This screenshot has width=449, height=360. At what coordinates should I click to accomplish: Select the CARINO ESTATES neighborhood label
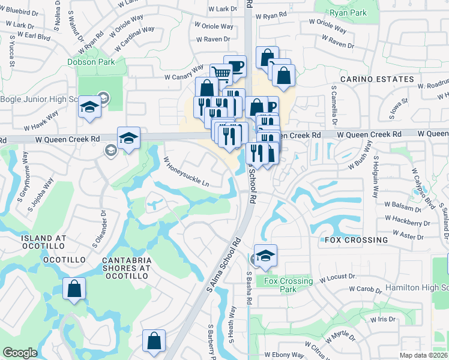tap(377, 79)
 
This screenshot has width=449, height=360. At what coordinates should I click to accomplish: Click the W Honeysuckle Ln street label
tap(187, 171)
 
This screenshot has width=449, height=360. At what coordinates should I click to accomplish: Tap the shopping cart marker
tap(221, 74)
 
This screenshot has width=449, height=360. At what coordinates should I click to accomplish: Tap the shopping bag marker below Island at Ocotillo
tap(74, 289)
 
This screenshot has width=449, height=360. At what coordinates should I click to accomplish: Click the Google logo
tap(20, 353)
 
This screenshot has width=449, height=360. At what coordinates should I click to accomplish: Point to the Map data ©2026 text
tap(423, 355)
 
